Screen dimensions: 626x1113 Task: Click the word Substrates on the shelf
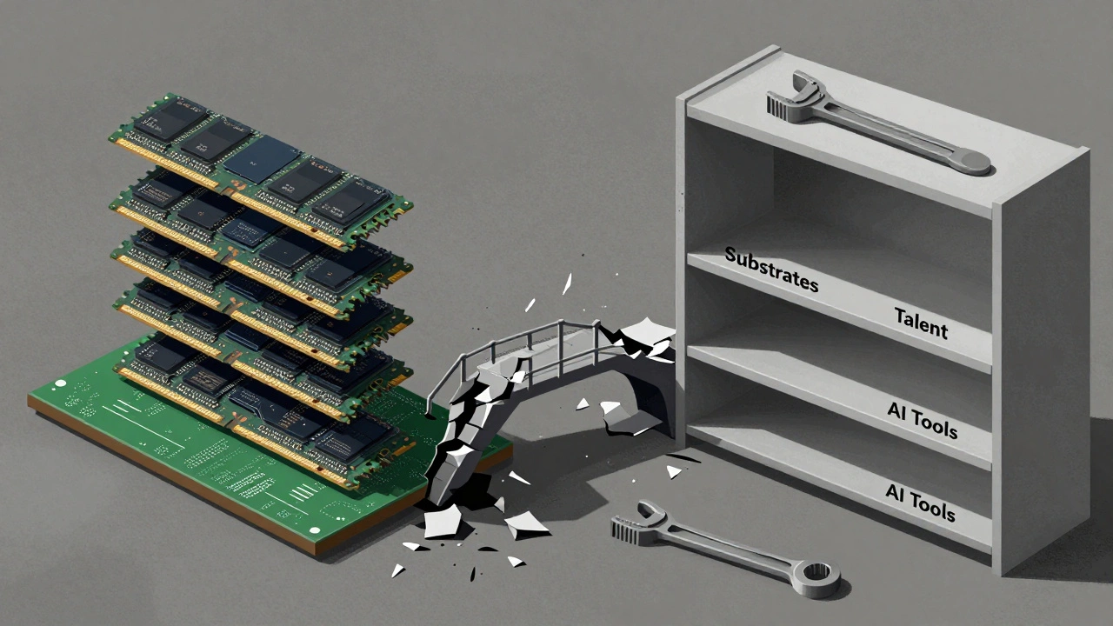pos(771,269)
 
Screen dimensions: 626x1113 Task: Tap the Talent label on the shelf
pos(921,323)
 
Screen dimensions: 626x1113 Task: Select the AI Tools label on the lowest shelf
pos(920,503)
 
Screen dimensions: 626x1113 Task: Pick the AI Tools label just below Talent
pos(922,420)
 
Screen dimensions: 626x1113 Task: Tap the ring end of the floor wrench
pos(818,575)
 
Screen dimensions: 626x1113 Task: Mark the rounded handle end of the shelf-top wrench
pos(970,160)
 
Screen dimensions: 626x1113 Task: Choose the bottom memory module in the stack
pos(261,400)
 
